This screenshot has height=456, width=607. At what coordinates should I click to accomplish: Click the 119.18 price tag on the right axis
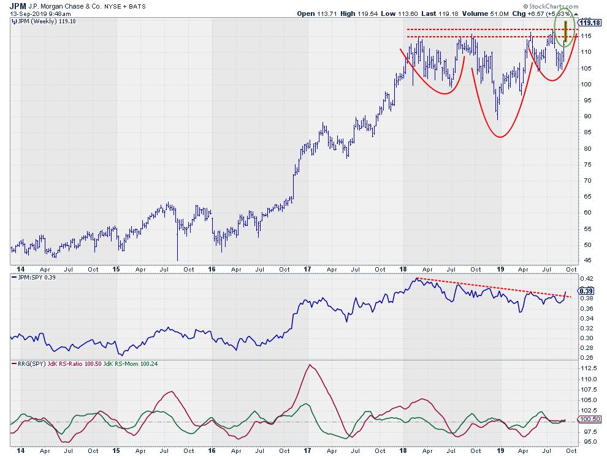(589, 23)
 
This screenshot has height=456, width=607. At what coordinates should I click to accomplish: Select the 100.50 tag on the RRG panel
(589, 419)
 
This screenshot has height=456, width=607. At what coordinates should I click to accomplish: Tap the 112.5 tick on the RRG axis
(589, 368)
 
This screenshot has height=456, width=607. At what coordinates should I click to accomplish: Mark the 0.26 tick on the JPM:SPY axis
(587, 357)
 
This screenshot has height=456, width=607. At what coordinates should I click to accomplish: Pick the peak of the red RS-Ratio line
(310, 365)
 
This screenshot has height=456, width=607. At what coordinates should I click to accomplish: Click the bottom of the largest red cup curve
(500, 137)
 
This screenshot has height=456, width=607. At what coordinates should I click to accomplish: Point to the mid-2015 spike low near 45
(177, 260)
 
